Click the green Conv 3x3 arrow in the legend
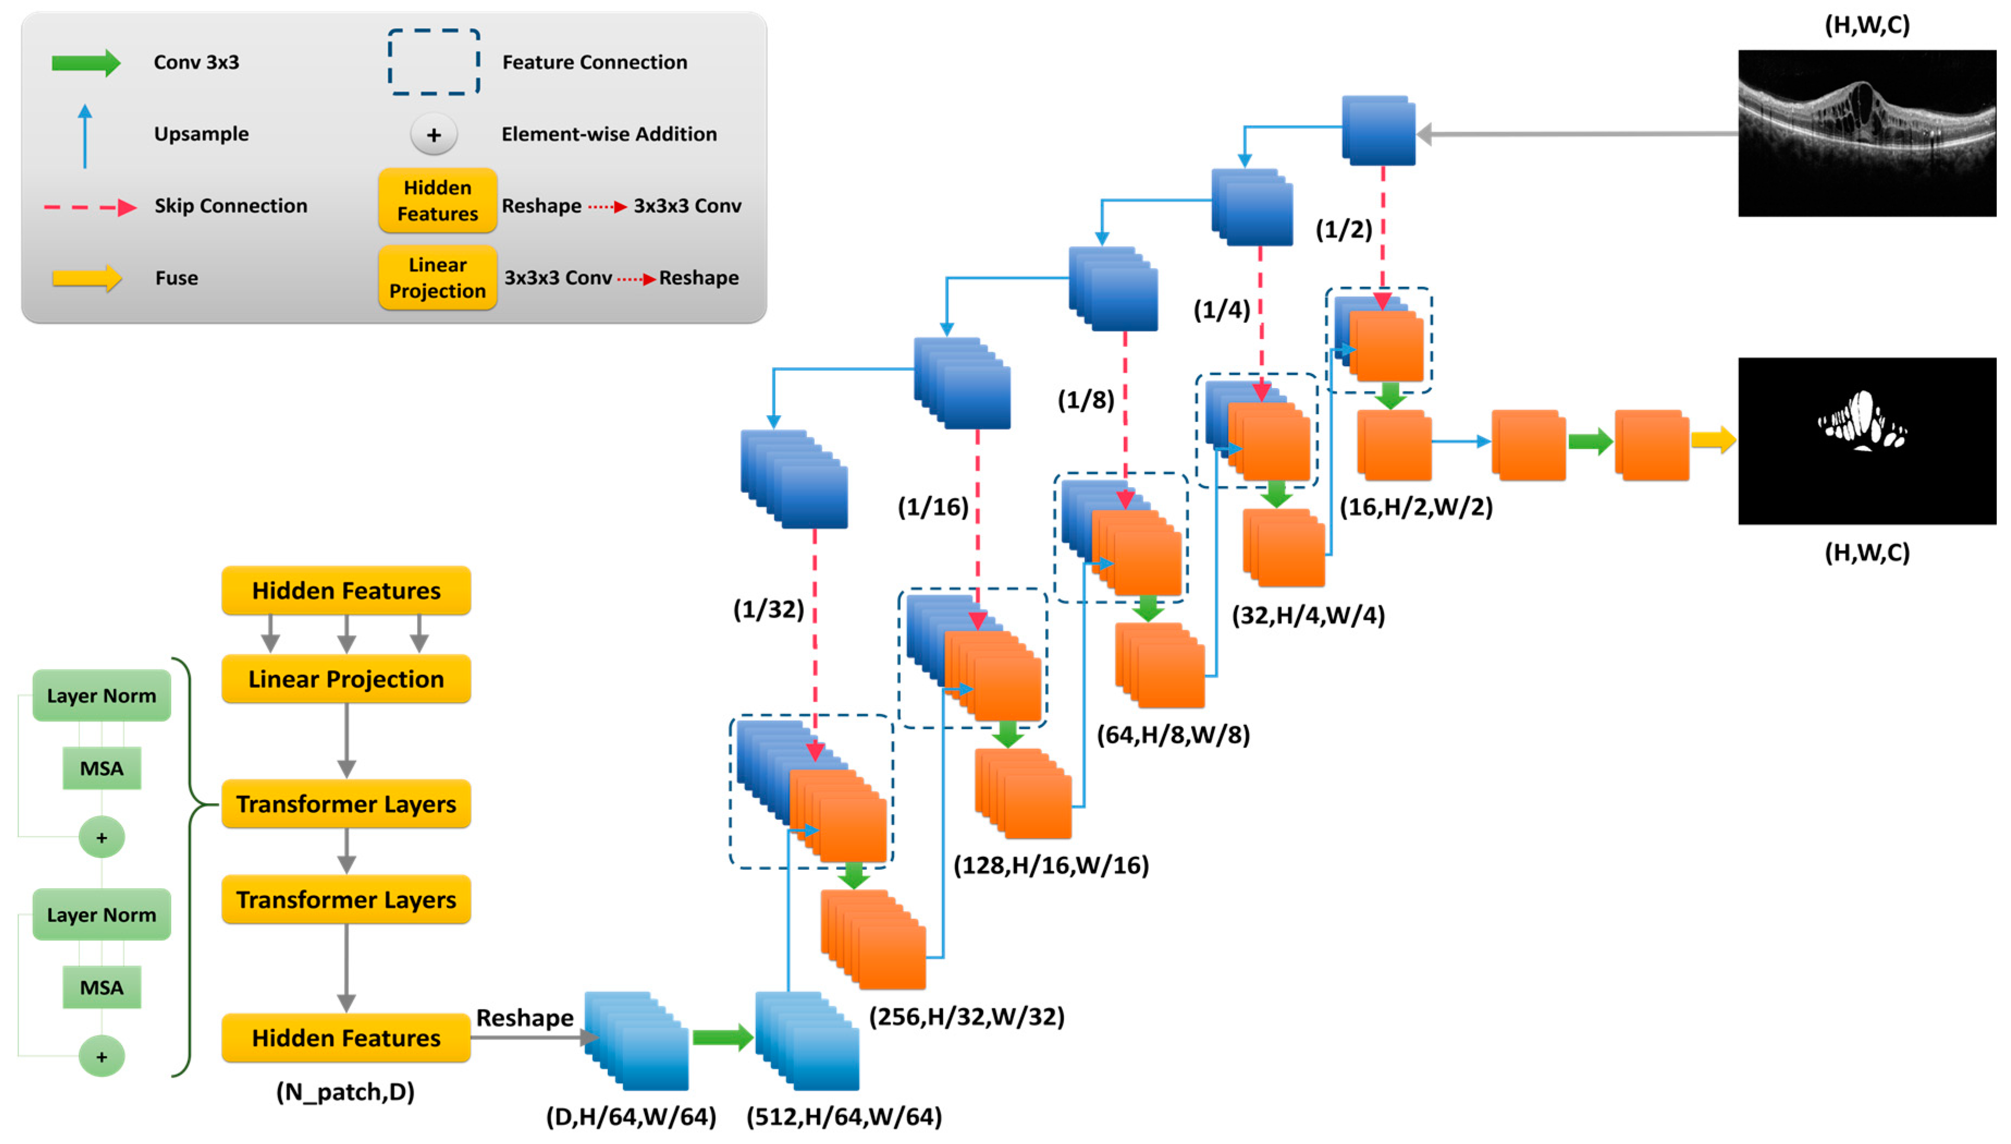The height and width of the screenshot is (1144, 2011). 85,63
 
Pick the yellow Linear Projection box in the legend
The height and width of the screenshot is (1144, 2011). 437,278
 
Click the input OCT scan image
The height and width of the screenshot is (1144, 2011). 1866,133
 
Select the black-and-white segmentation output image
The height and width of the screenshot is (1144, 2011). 1866,441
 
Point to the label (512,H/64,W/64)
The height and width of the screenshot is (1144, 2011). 844,1116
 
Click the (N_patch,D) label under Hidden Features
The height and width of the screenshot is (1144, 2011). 345,1091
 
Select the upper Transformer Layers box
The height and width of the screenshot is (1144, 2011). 346,804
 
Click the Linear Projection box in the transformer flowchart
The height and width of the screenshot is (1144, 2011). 346,679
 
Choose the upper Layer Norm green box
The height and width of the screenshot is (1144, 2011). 101,696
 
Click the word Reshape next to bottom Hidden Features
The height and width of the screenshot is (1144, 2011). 524,1018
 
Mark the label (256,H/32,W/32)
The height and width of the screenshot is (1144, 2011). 966,1017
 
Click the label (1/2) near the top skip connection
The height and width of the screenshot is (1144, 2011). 1343,230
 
